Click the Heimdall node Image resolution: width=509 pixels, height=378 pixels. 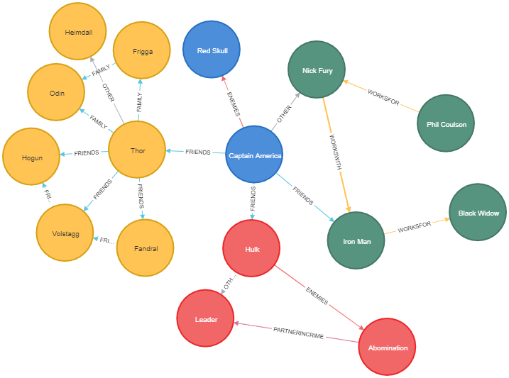click(x=77, y=31)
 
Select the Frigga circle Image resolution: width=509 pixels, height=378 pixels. click(x=142, y=50)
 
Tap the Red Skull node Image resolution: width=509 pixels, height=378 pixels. click(x=211, y=50)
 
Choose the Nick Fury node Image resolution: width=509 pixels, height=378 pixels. click(x=316, y=70)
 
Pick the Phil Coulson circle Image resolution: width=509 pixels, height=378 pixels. click(x=446, y=123)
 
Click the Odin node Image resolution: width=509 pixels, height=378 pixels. click(x=56, y=92)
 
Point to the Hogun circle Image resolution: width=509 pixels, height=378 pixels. click(x=31, y=157)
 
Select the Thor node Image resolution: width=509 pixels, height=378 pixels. click(x=137, y=150)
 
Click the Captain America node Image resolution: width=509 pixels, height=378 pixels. click(x=254, y=155)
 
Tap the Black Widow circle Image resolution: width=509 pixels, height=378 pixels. click(x=478, y=212)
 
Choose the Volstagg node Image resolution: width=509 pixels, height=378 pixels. click(x=65, y=232)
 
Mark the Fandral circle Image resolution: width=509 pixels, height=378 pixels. click(x=145, y=248)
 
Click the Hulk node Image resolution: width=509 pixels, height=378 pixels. click(x=251, y=248)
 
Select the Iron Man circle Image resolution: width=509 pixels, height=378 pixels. click(x=356, y=240)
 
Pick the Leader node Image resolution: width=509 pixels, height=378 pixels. click(x=205, y=318)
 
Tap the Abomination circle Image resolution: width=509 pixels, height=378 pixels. click(x=387, y=347)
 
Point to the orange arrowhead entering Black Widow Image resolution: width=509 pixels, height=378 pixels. click(x=446, y=220)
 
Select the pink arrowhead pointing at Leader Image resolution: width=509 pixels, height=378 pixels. click(x=238, y=324)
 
